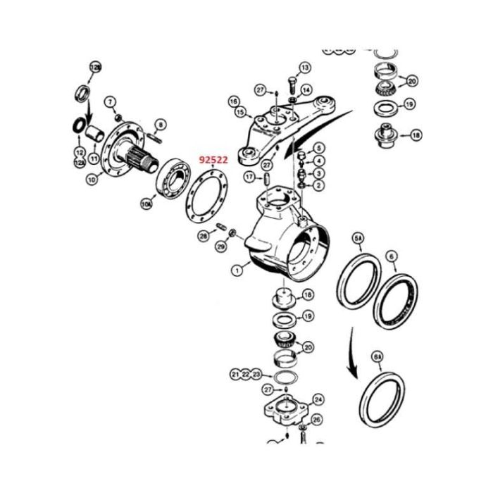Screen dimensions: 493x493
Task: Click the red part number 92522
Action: pyautogui.click(x=213, y=160)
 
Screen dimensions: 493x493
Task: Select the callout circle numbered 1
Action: pyautogui.click(x=237, y=268)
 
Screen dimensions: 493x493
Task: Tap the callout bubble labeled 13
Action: pyautogui.click(x=304, y=68)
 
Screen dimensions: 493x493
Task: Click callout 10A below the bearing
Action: pyautogui.click(x=146, y=204)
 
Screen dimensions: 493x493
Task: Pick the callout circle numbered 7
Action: pyautogui.click(x=110, y=102)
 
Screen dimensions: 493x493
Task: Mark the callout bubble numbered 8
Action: pyautogui.click(x=161, y=125)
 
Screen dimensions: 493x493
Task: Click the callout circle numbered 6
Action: pyautogui.click(x=392, y=256)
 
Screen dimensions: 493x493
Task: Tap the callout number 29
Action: pyautogui.click(x=220, y=246)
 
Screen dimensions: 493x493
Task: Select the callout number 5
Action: pyautogui.click(x=319, y=148)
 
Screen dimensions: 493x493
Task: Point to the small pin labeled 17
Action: pyautogui.click(x=267, y=178)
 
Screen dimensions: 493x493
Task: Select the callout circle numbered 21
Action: pyautogui.click(x=235, y=373)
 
